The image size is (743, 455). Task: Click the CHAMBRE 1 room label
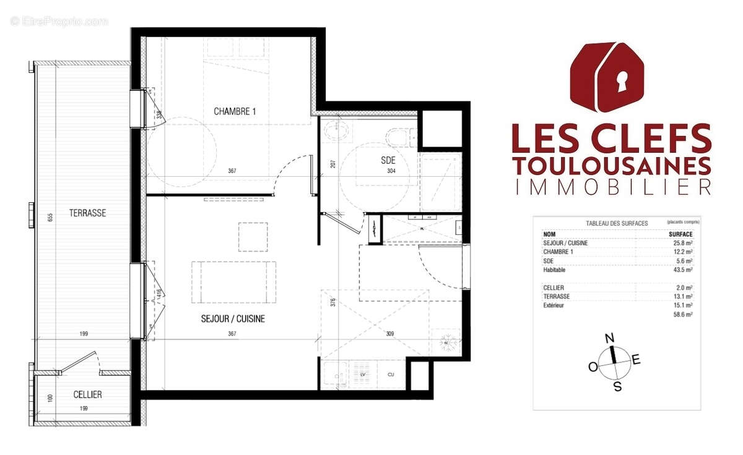[x=235, y=112]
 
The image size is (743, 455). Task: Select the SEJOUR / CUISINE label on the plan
[x=233, y=319]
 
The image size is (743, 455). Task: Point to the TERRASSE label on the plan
[x=88, y=213]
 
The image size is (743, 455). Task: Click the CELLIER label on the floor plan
[x=87, y=394]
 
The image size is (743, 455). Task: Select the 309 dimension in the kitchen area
[x=390, y=334]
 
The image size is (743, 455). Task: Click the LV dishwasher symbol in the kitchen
[x=363, y=375]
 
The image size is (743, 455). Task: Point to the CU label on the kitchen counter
[x=391, y=375]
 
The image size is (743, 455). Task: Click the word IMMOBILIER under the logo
[x=611, y=187]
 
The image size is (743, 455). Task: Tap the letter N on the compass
[x=609, y=338]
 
